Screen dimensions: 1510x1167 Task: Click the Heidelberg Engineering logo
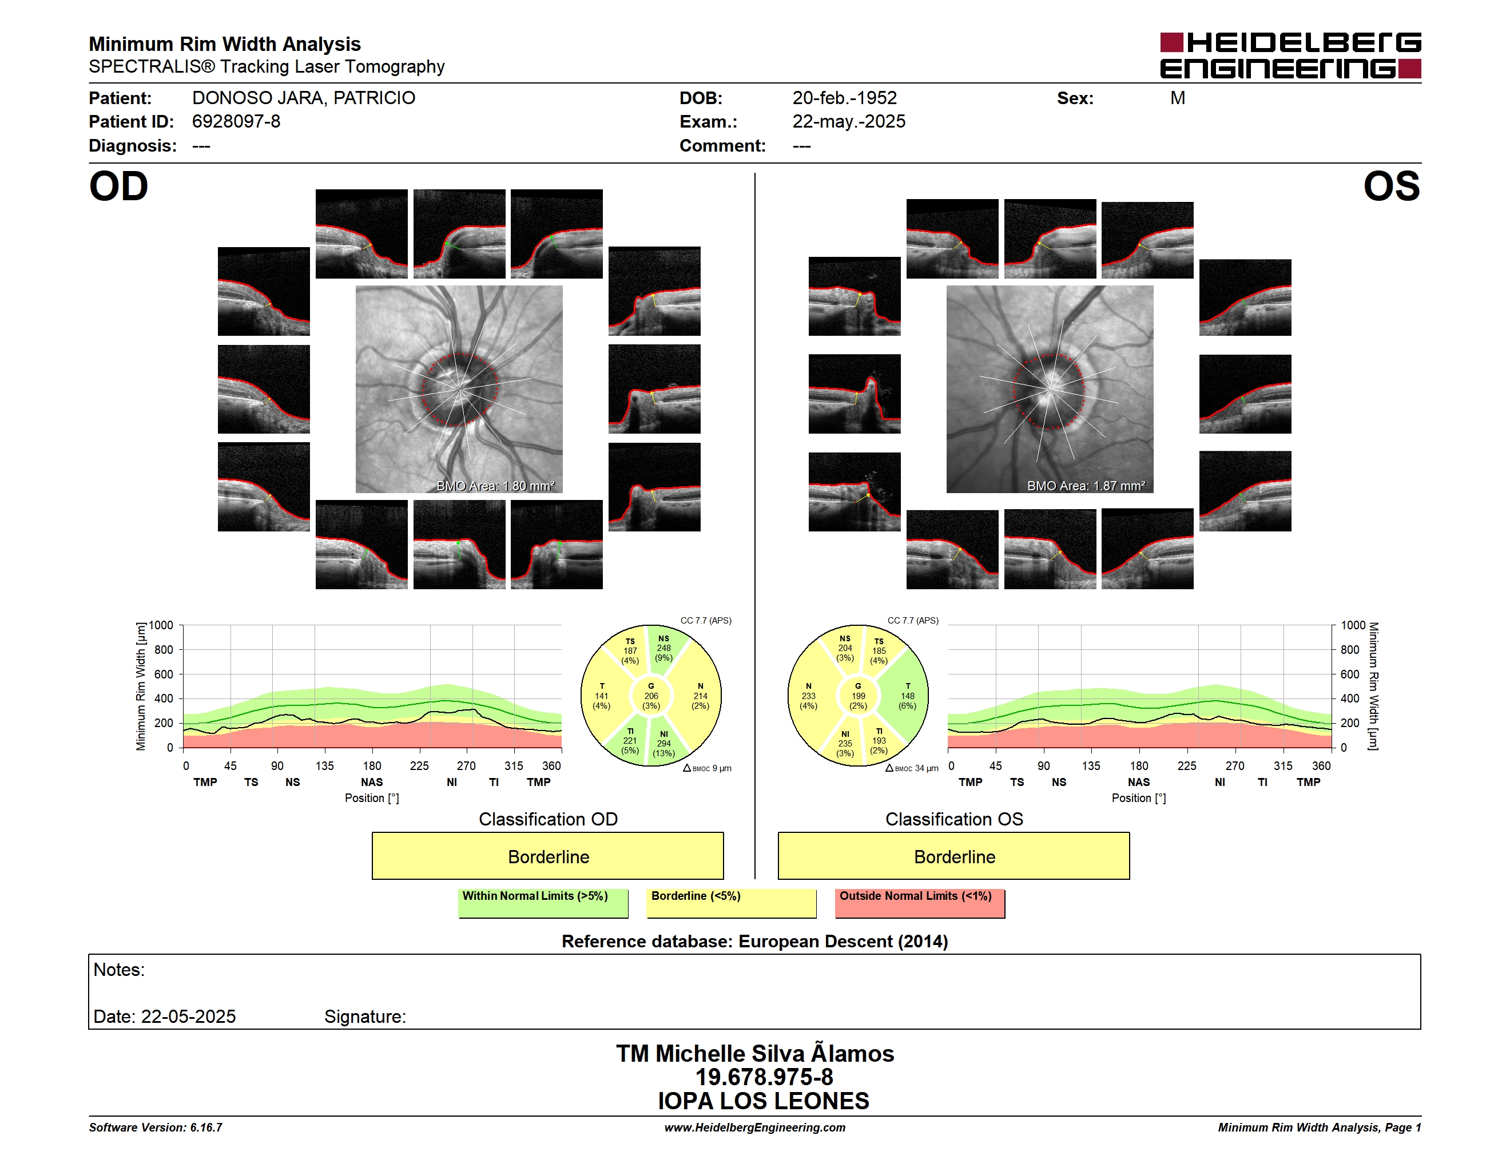pyautogui.click(x=1290, y=55)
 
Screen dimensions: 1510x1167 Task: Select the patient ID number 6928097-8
pyautogui.click(x=236, y=122)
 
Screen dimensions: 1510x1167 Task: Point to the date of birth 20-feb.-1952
pyautogui.click(x=844, y=98)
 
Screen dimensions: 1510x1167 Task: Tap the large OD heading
pyautogui.click(x=118, y=186)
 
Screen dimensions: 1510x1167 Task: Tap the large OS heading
pyautogui.click(x=1391, y=186)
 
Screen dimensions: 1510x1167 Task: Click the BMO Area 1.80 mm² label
pyautogui.click(x=496, y=486)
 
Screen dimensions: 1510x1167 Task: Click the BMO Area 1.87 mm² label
pyautogui.click(x=1086, y=486)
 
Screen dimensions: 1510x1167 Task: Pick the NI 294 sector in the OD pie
pyautogui.click(x=663, y=743)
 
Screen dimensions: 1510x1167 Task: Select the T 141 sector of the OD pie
pyautogui.click(x=602, y=696)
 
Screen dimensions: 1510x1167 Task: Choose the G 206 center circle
pyautogui.click(x=650, y=696)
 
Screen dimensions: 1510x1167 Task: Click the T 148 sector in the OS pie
pyautogui.click(x=907, y=696)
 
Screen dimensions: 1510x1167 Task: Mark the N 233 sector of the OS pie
pyautogui.click(x=808, y=696)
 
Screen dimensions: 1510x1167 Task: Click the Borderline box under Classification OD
pyautogui.click(x=547, y=856)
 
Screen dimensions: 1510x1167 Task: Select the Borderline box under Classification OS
pyautogui.click(x=953, y=856)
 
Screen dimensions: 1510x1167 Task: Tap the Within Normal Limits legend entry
pyautogui.click(x=543, y=903)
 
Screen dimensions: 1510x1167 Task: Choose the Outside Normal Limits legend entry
pyautogui.click(x=920, y=903)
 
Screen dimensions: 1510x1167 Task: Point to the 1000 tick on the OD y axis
pyautogui.click(x=160, y=625)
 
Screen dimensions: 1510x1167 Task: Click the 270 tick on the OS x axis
pyautogui.click(x=1235, y=766)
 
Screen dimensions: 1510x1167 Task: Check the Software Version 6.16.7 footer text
pyautogui.click(x=156, y=1128)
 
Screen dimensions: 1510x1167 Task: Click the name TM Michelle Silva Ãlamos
pyautogui.click(x=755, y=1053)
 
